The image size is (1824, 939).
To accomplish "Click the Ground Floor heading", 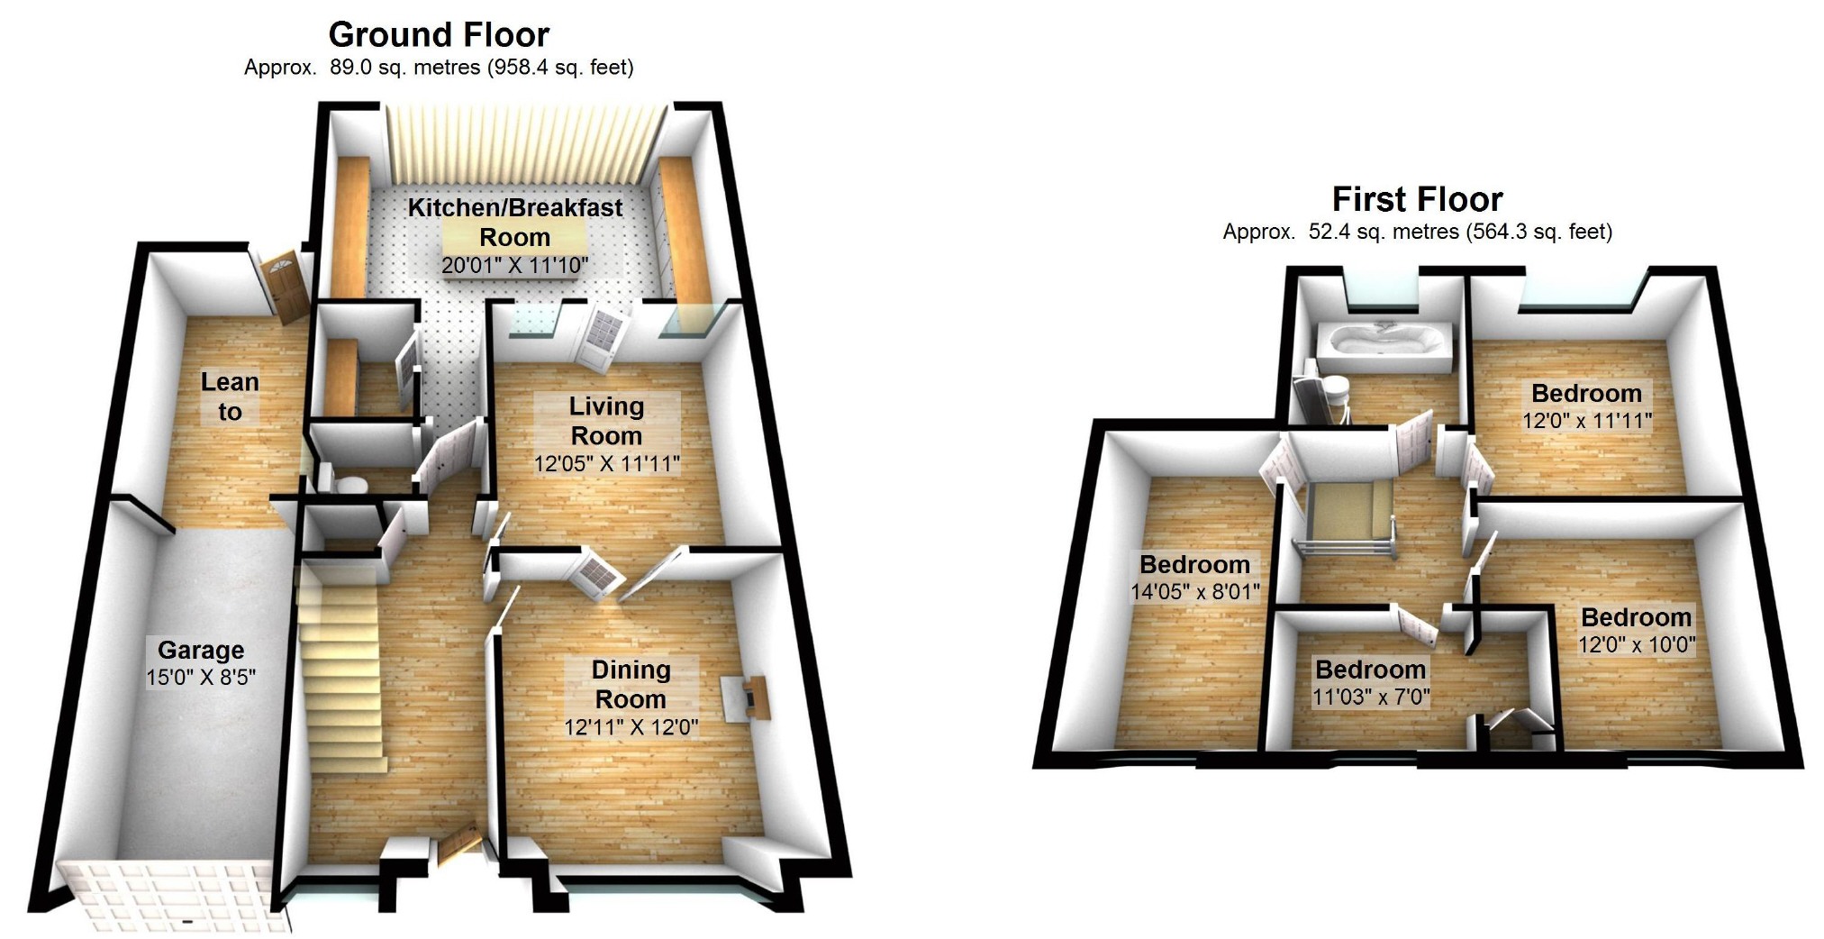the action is tap(439, 34).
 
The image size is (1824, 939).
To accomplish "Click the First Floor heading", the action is tap(1417, 198).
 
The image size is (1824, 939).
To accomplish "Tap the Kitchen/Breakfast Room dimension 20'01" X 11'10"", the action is tap(514, 265).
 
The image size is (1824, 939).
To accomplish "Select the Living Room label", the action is tap(606, 421).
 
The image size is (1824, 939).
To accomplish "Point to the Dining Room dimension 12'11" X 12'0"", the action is tap(631, 727).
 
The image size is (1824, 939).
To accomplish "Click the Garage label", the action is tap(201, 650).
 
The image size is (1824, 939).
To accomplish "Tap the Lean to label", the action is tap(230, 397).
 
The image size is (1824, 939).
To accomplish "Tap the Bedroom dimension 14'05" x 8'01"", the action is tap(1194, 592).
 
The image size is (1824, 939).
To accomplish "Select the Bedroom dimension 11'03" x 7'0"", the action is tap(1371, 697).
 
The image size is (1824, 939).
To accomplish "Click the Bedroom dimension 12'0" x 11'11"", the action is tap(1587, 421).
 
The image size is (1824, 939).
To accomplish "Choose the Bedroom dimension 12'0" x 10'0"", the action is tap(1636, 645).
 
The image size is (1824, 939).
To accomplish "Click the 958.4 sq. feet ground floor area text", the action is tap(560, 68).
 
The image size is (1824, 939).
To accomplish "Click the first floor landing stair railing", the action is tap(1342, 546).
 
